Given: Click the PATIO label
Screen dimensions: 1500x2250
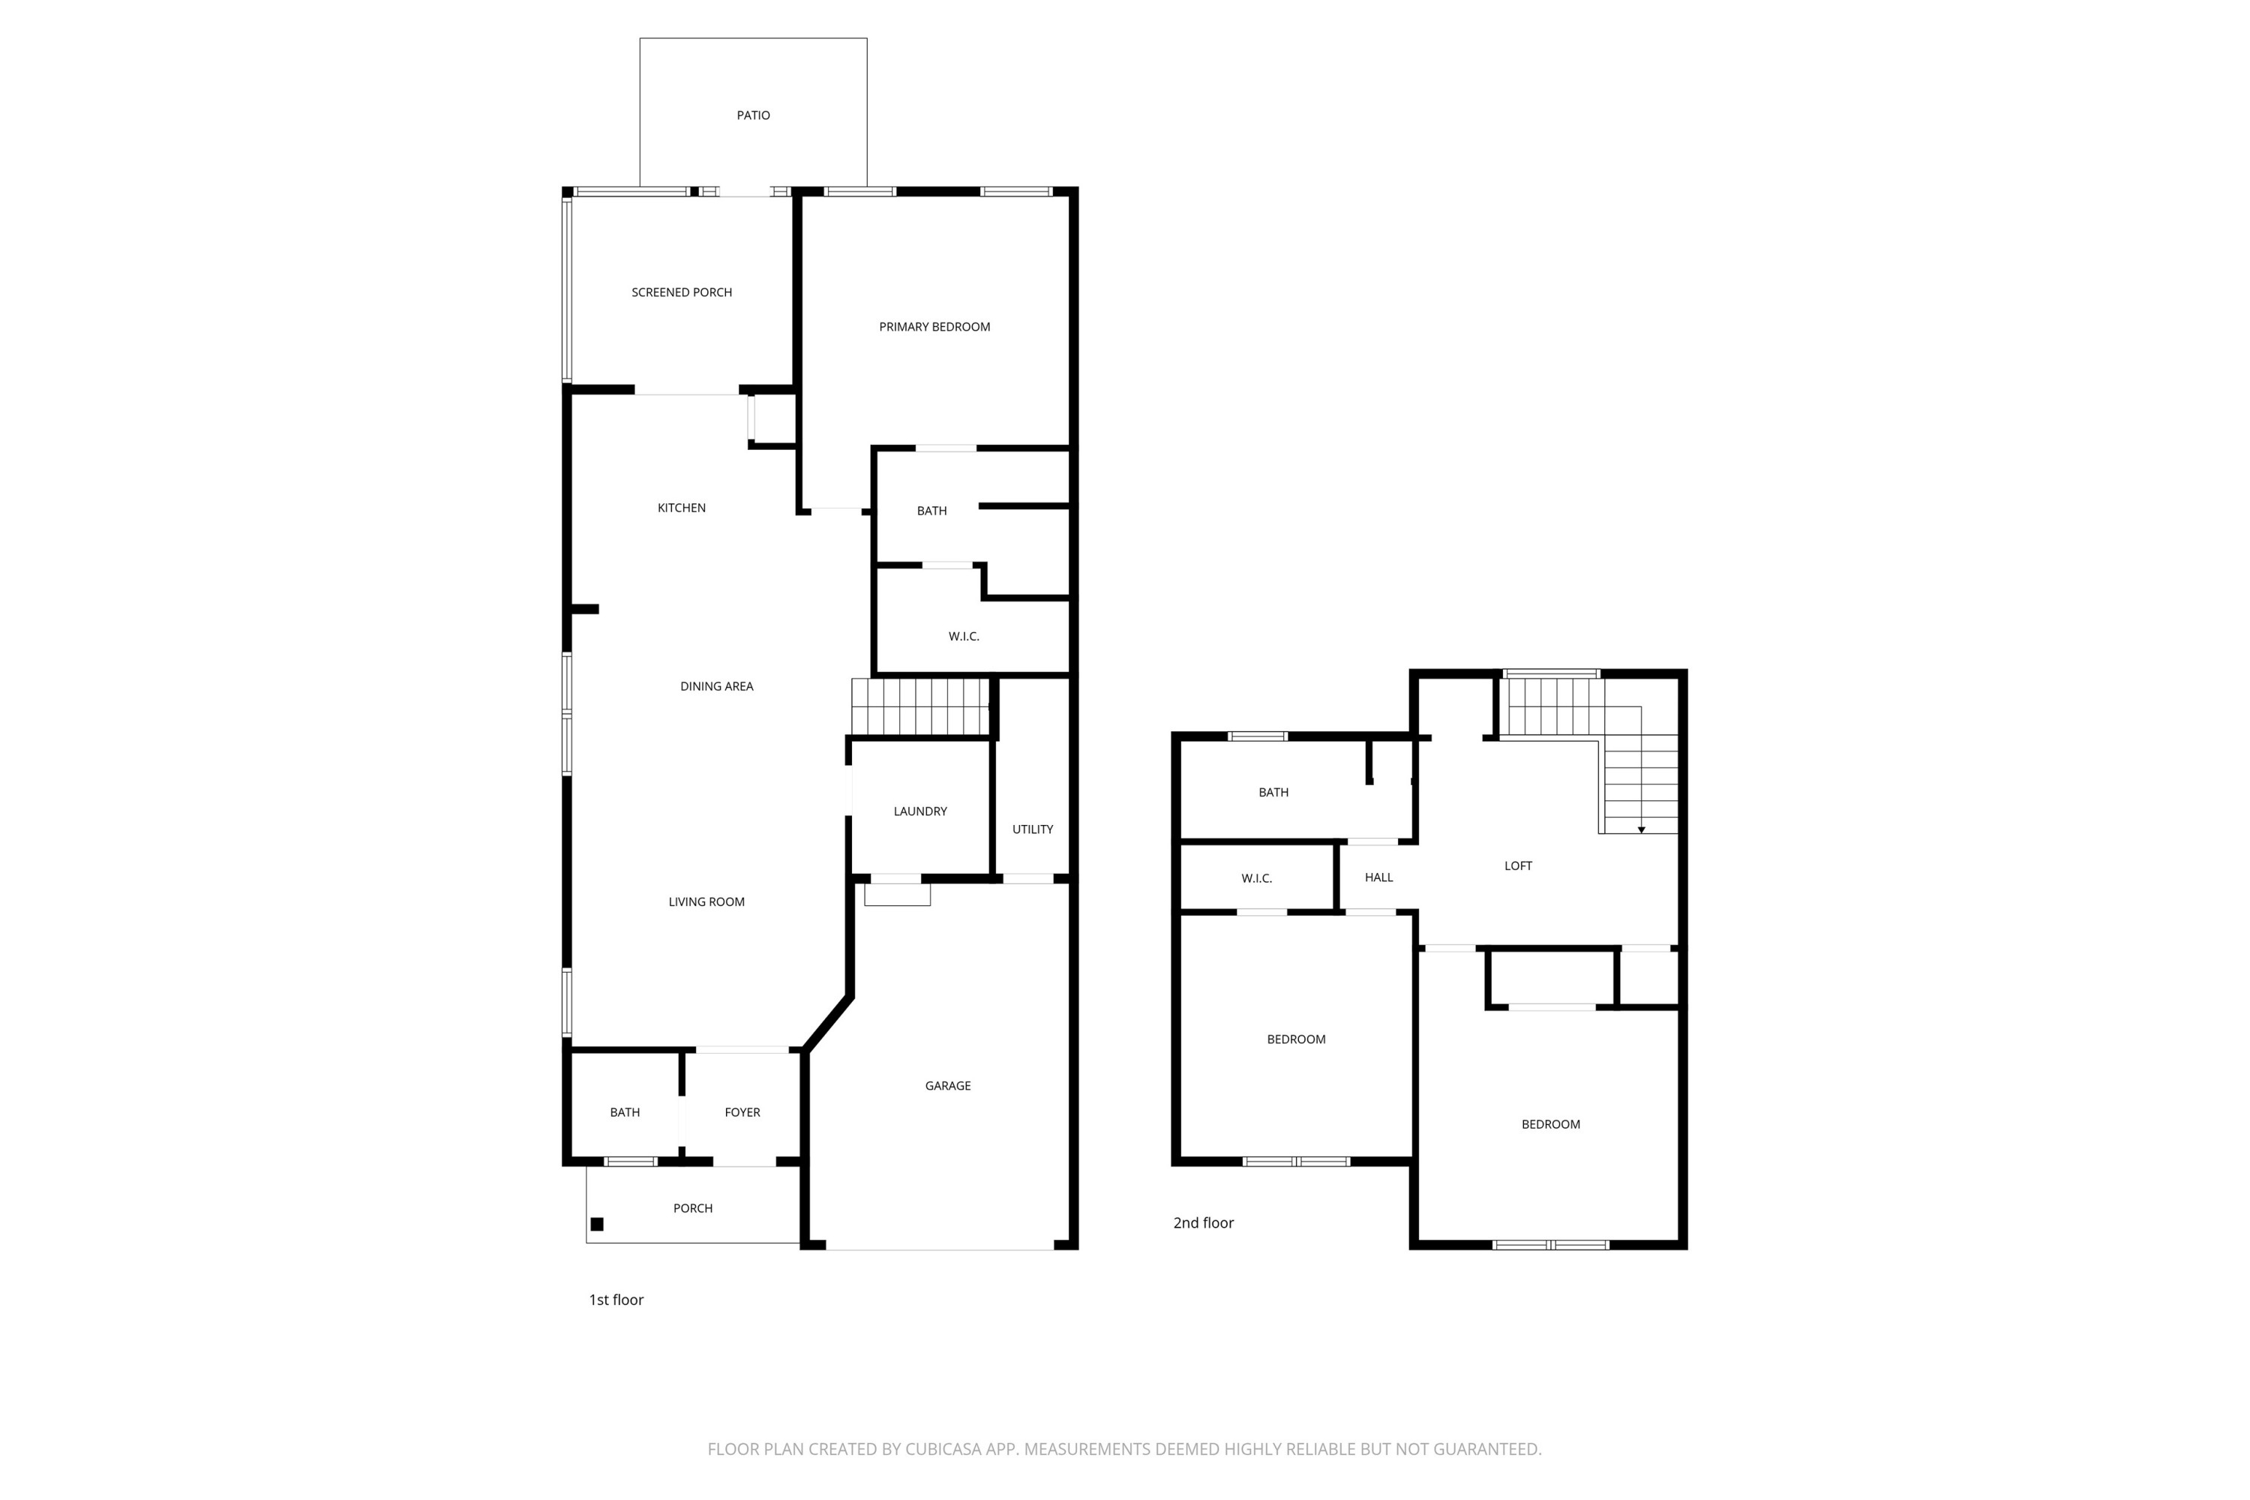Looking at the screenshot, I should [x=753, y=115].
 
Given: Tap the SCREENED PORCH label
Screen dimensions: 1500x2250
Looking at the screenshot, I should [x=681, y=292].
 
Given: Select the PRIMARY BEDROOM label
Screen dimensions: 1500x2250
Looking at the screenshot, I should [x=934, y=326].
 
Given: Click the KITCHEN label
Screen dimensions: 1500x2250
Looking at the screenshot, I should [x=681, y=507].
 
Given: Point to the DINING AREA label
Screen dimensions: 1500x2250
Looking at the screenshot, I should [x=715, y=686].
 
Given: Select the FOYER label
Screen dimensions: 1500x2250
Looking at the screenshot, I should [x=742, y=1111].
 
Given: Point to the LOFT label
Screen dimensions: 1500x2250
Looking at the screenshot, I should [x=1517, y=865].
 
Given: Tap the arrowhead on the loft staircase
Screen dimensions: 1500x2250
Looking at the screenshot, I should [x=1641, y=829].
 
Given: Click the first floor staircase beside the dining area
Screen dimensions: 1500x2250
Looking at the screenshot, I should [x=919, y=706].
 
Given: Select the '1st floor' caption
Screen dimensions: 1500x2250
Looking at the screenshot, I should [x=615, y=1299].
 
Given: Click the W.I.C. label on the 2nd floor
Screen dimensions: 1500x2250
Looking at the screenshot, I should [x=1256, y=877].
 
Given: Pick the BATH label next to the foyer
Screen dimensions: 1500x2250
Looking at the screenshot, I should [x=625, y=1111].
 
